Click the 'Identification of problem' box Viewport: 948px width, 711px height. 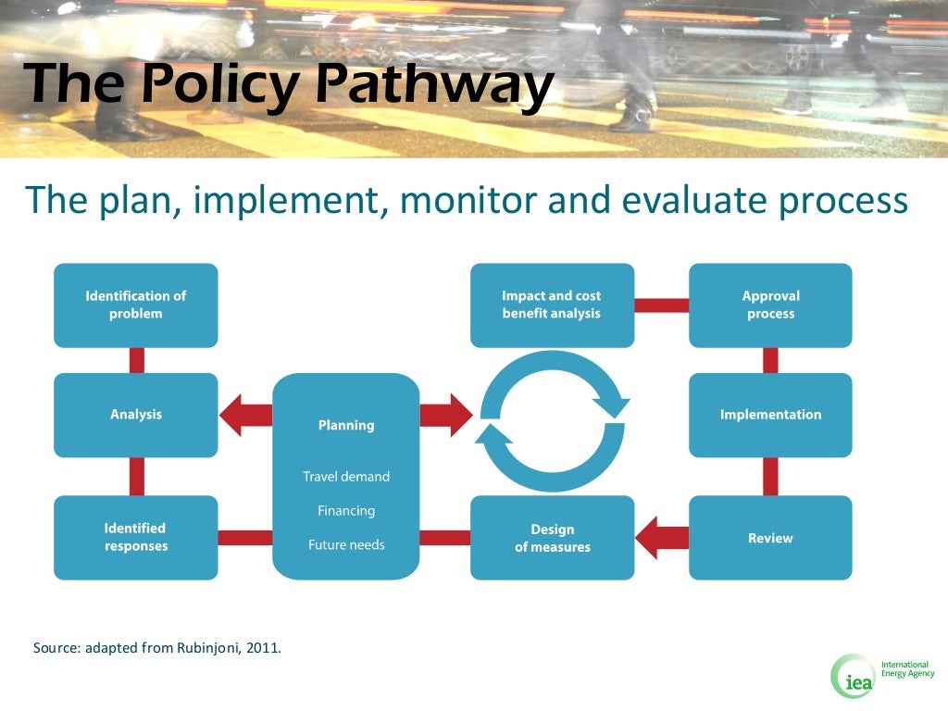pyautogui.click(x=136, y=306)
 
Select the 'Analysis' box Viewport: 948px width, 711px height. pyautogui.click(x=136, y=415)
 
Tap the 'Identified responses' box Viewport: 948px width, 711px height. pyautogui.click(x=136, y=537)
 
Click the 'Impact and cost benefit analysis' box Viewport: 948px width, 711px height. pyautogui.click(x=552, y=306)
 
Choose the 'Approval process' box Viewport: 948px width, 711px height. pyautogui.click(x=770, y=306)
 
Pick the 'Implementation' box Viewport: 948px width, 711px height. pyautogui.click(x=770, y=415)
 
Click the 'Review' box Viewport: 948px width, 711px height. pyautogui.click(x=770, y=538)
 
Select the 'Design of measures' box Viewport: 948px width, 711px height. pyautogui.click(x=552, y=538)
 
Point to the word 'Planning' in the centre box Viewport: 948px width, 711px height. pyautogui.click(x=346, y=426)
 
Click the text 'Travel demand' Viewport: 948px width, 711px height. pyautogui.click(x=346, y=477)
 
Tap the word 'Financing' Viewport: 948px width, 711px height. pyautogui.click(x=346, y=511)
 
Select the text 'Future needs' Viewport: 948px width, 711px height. pyautogui.click(x=346, y=545)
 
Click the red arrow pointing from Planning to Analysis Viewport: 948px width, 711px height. pyautogui.click(x=245, y=415)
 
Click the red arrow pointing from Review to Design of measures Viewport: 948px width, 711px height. pyautogui.click(x=663, y=538)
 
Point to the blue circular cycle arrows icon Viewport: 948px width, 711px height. pyautogui.click(x=552, y=421)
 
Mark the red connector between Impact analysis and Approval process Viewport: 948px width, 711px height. pyautogui.click(x=662, y=306)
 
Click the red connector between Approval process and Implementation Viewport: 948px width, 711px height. pyautogui.click(x=770, y=360)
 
